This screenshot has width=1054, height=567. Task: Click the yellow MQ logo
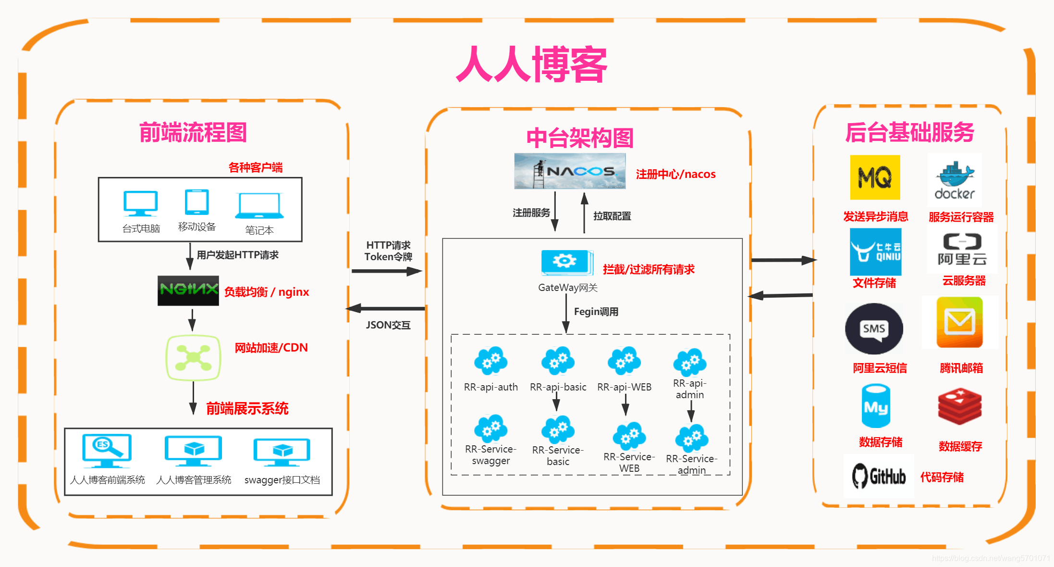pos(875,177)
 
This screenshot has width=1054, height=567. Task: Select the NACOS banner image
pos(570,171)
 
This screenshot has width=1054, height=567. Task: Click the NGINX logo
pos(188,290)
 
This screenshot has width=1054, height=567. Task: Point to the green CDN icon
pos(193,358)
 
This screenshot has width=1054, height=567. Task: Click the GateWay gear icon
pos(566,262)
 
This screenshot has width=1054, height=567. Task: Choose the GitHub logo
pos(879,476)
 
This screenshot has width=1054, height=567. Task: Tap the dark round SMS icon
pos(874,329)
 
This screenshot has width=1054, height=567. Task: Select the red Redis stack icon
pos(959,407)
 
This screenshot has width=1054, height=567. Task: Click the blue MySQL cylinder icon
pos(876,406)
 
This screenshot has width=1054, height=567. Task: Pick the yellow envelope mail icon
pos(959,322)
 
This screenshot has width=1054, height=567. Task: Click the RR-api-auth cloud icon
pos(490,361)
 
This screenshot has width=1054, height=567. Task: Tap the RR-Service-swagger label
pos(490,455)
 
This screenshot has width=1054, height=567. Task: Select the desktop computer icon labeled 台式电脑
pos(140,204)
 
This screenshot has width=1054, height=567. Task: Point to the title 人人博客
pos(531,64)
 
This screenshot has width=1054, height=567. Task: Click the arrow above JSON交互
pos(385,308)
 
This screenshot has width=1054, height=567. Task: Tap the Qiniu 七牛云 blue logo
pos(875,252)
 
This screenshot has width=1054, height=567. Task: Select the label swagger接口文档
pos(282,480)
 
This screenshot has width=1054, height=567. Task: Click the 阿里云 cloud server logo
pos(962,249)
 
